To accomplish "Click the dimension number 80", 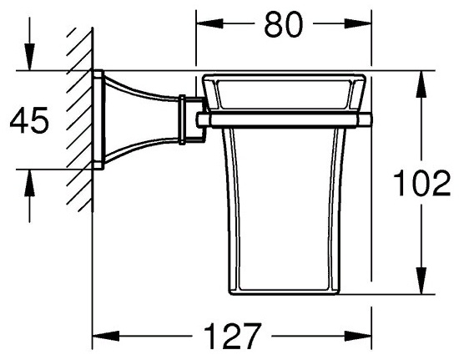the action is tap(283, 24).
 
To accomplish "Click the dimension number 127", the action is tap(232, 336).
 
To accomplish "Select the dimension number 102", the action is tap(421, 184).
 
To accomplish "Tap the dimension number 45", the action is tap(29, 120).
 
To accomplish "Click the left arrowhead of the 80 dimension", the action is tap(209, 23).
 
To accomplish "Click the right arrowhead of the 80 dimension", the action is tap(358, 23).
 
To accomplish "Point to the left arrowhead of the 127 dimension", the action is tap(106, 336).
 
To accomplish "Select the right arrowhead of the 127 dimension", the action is tap(358, 336).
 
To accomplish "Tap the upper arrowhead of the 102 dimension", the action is tap(421, 84).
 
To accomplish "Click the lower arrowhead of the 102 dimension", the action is tap(421, 281).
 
